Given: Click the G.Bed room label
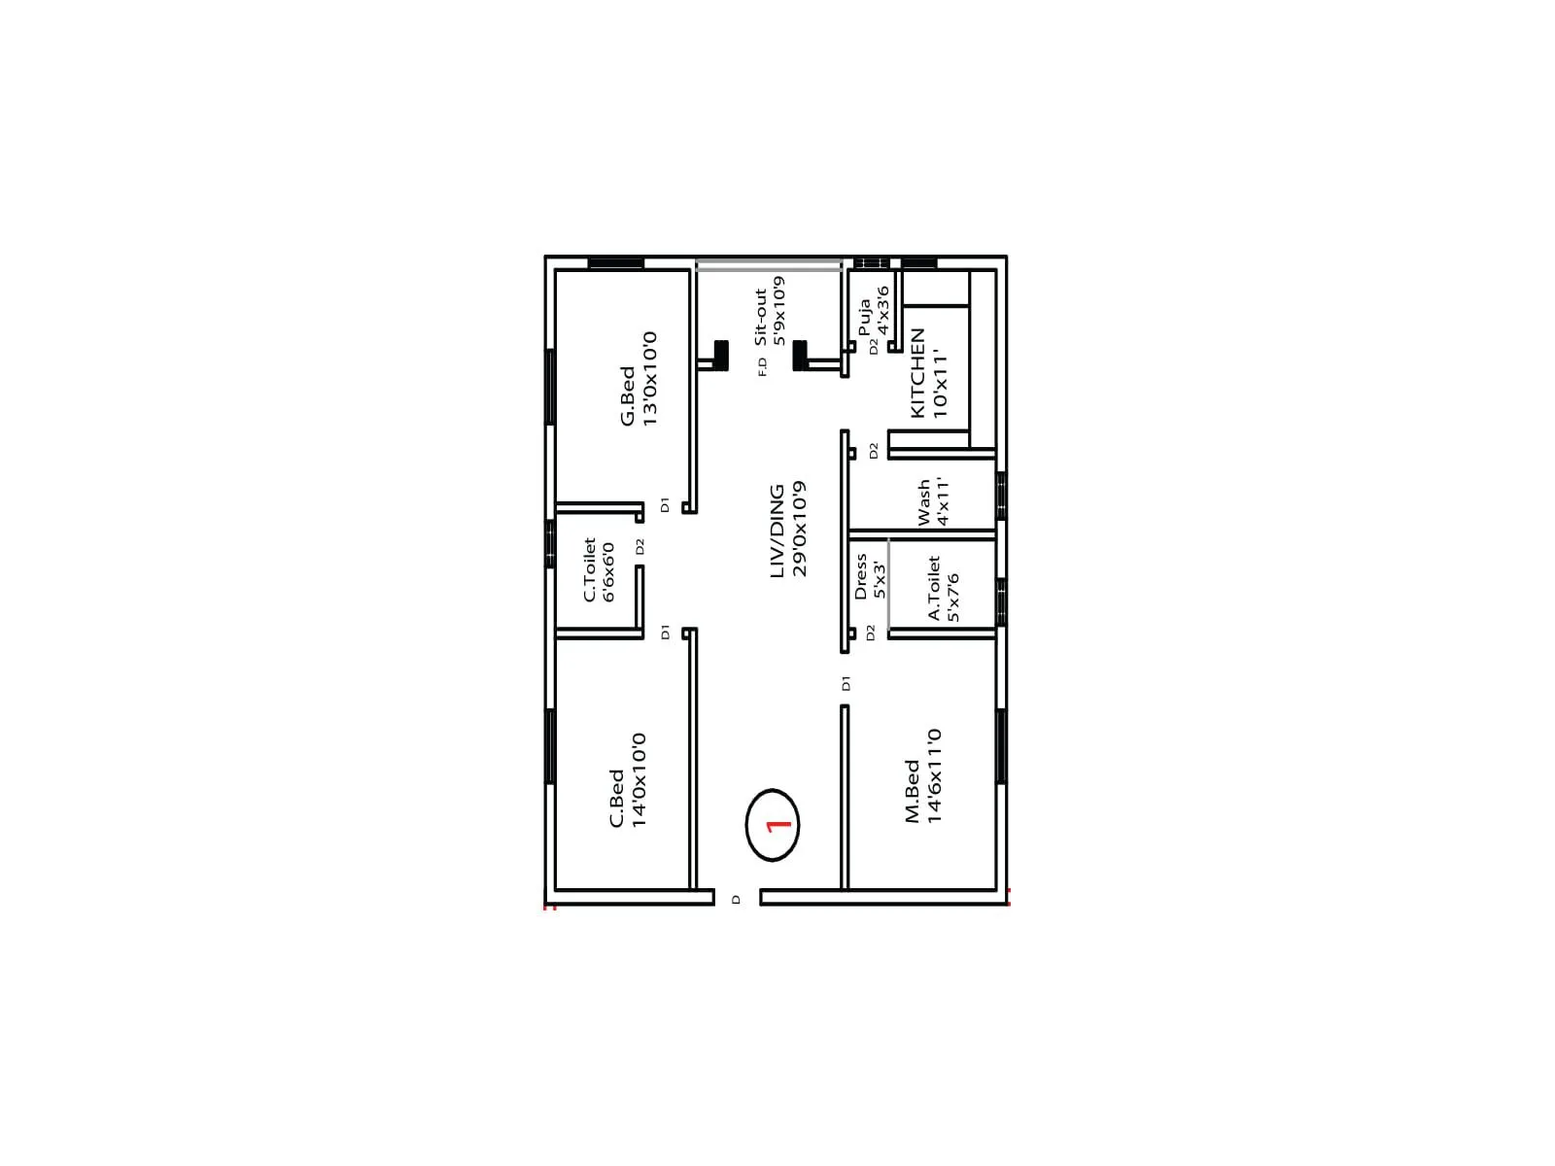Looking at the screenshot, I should pos(628,395).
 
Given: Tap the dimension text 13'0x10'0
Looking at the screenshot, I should pos(650,378).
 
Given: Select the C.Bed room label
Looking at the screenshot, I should pos(616,799).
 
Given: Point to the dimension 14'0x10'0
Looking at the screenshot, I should pos(639,780).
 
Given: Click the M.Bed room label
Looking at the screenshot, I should pos(913,791).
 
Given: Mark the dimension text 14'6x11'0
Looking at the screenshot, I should pos(935,776).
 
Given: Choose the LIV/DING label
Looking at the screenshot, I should pos(777,532).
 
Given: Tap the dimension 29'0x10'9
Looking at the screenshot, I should pos(800,529).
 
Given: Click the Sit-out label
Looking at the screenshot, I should pos(761,316).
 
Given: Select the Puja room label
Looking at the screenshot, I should pos(864,318).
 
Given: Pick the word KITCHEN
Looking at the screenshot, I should pos(916,374).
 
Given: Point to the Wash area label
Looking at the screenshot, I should pos(923,501).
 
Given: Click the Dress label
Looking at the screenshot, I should pos(860,577).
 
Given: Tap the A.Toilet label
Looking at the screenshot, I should pos(934,588).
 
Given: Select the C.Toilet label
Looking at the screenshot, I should pos(589,570).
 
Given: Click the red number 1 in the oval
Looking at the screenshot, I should pos(778,826).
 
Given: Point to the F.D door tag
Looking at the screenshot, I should pos(763,367).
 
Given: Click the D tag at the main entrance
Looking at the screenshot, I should pos(736,900).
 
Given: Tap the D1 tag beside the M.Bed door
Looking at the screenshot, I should pos(846,683).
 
